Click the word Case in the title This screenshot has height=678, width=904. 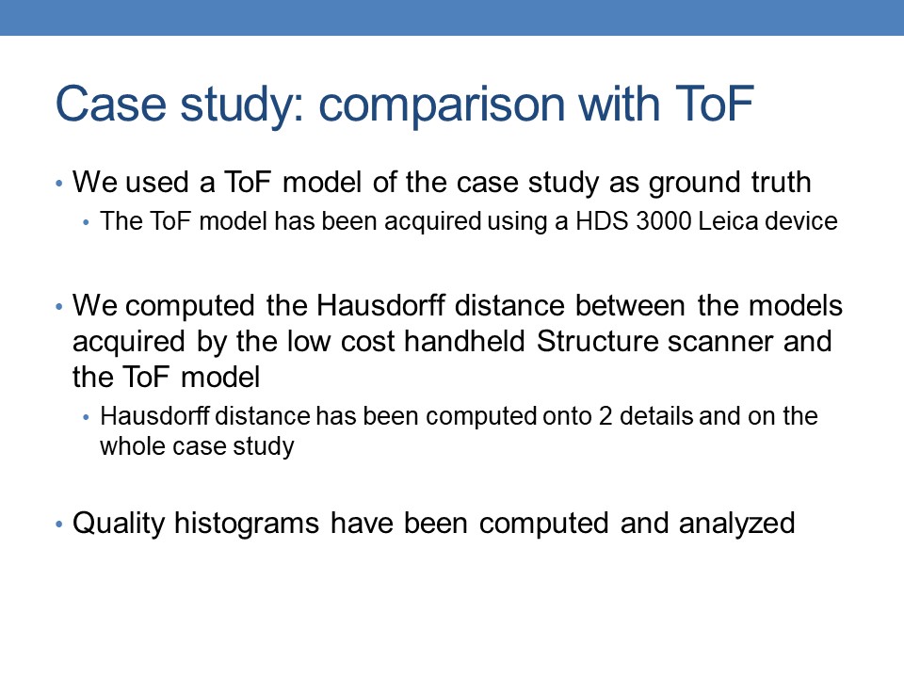coord(111,104)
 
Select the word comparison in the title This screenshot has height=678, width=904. coord(442,105)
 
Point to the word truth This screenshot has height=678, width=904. coord(782,182)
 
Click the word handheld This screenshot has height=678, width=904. coord(464,341)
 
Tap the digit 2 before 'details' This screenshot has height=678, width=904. coord(605,416)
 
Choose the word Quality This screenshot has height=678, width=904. coord(119,525)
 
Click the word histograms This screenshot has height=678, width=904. coord(247,525)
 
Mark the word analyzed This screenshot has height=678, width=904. coord(736,525)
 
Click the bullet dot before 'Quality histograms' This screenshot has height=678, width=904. coord(58,525)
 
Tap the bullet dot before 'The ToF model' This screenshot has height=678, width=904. coord(86,222)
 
